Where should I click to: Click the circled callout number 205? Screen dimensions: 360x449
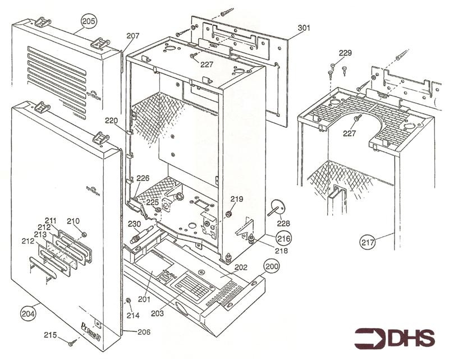88,21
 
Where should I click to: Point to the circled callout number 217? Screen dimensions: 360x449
368,243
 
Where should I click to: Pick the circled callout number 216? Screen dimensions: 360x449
283,238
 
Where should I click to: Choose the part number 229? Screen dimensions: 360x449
345,53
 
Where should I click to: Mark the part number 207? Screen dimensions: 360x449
132,35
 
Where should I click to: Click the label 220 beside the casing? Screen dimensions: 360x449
111,120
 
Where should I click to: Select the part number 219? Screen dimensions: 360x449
237,199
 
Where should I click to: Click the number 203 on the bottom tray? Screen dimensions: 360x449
158,313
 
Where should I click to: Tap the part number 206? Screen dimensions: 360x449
144,331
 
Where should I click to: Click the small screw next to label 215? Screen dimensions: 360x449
72,341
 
